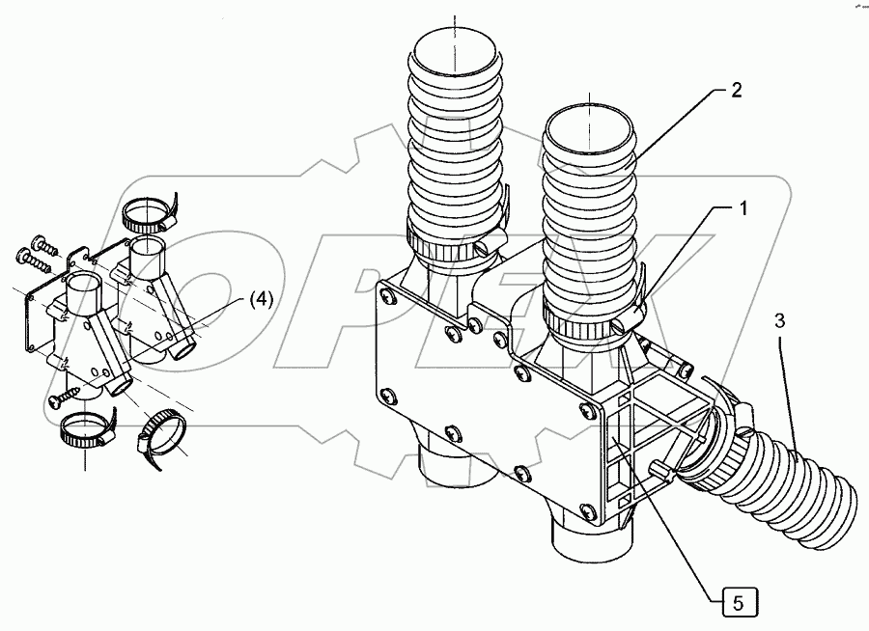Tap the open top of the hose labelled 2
coord(588,127)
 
